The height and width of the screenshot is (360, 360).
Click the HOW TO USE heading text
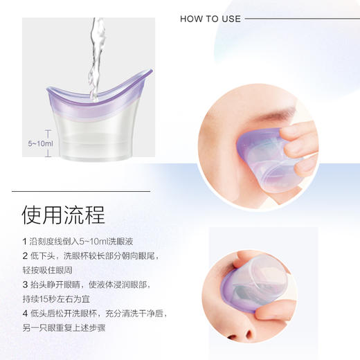pyautogui.click(x=210, y=19)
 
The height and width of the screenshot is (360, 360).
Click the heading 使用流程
pyautogui.click(x=64, y=214)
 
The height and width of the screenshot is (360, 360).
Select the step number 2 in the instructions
pyautogui.click(x=25, y=256)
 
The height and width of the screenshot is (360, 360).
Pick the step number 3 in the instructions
pyautogui.click(x=25, y=285)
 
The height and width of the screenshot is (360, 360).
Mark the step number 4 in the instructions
pyautogui.click(x=25, y=313)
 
